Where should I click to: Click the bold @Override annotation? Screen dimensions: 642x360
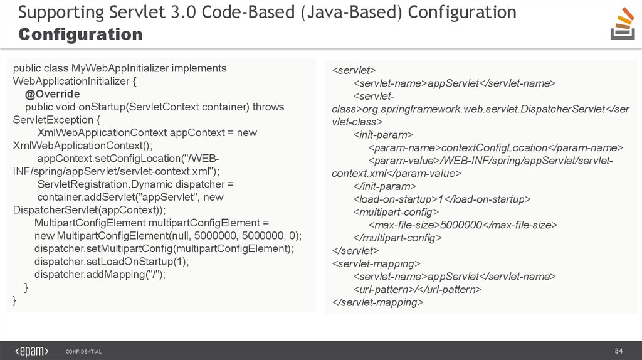pos(53,94)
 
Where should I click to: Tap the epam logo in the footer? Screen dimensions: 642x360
pos(31,351)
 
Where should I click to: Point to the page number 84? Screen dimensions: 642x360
pos(618,351)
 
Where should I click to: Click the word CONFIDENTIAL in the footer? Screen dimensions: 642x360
pos(83,351)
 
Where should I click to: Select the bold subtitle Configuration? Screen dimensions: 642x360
pos(80,34)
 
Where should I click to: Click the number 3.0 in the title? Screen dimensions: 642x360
pos(183,12)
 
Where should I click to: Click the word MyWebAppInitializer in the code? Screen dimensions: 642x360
pos(120,68)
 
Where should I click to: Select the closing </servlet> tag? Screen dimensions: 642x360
pos(355,251)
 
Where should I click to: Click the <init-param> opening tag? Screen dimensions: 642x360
pos(383,135)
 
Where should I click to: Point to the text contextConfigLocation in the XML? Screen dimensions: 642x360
pos(494,148)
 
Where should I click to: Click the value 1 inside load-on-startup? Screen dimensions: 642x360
pos(441,199)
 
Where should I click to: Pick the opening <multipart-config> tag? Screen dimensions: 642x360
pos(396,212)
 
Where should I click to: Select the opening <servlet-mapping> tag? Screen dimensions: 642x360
pos(376,264)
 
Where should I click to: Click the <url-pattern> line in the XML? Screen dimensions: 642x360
pos(417,290)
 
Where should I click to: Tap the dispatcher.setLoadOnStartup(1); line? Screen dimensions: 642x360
pos(112,262)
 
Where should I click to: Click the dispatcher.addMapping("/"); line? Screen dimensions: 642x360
pos(100,275)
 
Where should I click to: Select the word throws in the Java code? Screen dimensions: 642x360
pos(268,107)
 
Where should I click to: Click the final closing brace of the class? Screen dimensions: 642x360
pos(14,300)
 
